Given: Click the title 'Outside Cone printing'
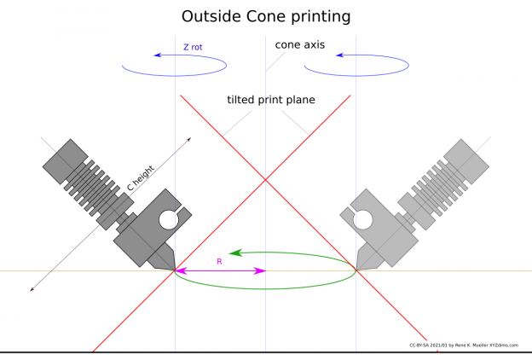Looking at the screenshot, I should coord(266,16).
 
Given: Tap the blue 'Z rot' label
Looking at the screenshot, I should coord(193,48).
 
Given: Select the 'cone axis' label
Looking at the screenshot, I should coord(299,44).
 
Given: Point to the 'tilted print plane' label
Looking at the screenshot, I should coord(270,100).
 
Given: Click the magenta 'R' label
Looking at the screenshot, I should coord(219,261).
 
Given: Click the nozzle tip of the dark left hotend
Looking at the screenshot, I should coord(176,270).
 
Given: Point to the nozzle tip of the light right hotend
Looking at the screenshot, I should coord(356,270).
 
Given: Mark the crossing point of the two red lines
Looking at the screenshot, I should coord(265,180).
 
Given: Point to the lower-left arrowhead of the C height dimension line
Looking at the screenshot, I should coord(32,288).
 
